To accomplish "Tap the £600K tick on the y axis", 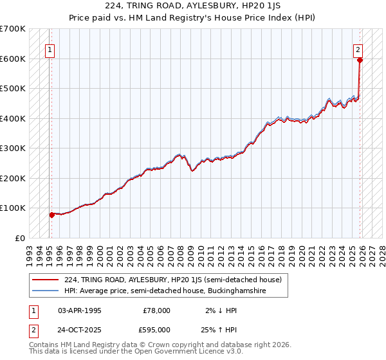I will [x=13, y=59].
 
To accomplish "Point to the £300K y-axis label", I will [x=13, y=148].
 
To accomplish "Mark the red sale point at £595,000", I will [x=360, y=60].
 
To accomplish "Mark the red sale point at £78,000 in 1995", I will [x=51, y=215].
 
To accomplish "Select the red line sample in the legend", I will [x=45, y=280].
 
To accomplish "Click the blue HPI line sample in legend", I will [x=45, y=291].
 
